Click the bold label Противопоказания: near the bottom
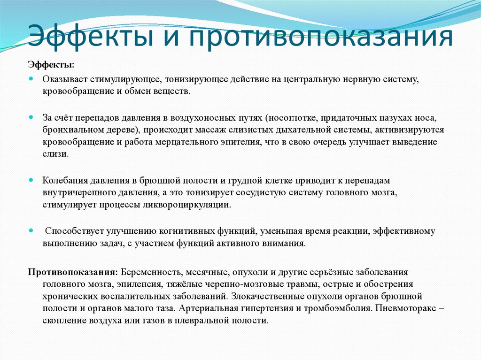(x=73, y=272)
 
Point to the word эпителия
(x=236, y=142)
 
